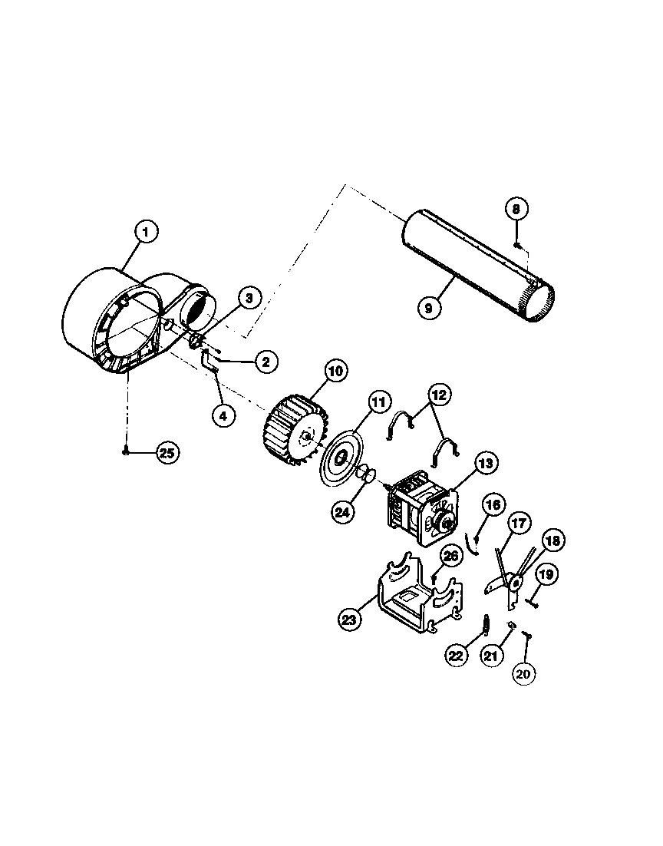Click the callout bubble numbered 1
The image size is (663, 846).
[x=146, y=232]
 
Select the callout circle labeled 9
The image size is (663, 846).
[x=429, y=308]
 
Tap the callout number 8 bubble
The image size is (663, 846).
[x=516, y=208]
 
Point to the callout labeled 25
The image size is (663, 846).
[x=167, y=453]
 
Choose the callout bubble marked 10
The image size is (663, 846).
[x=335, y=372]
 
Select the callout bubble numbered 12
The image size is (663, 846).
[x=438, y=396]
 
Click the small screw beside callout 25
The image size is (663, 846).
[x=124, y=454]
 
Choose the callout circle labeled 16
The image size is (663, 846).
[x=493, y=504]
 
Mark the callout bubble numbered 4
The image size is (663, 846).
[x=223, y=415]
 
